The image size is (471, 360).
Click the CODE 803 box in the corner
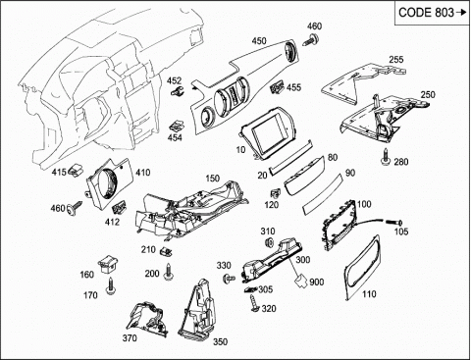click(432, 13)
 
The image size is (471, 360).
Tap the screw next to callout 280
click(387, 157)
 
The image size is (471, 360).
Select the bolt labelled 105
click(394, 222)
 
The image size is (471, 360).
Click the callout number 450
click(259, 41)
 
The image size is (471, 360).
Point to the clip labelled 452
click(177, 91)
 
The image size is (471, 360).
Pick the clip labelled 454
click(176, 127)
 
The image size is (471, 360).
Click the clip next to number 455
click(277, 87)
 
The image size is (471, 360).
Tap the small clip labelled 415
click(76, 171)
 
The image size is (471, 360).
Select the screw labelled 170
click(110, 285)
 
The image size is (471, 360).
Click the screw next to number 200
click(169, 272)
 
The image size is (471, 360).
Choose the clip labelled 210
click(166, 251)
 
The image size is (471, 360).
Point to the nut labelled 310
click(270, 242)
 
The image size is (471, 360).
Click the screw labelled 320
click(254, 303)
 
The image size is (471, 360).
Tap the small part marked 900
click(300, 281)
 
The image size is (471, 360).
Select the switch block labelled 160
click(108, 264)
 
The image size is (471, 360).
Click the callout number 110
click(369, 294)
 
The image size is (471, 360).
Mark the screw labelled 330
click(229, 279)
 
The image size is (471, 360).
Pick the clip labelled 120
click(276, 193)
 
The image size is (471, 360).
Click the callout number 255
click(396, 60)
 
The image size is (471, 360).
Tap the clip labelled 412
click(120, 207)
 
